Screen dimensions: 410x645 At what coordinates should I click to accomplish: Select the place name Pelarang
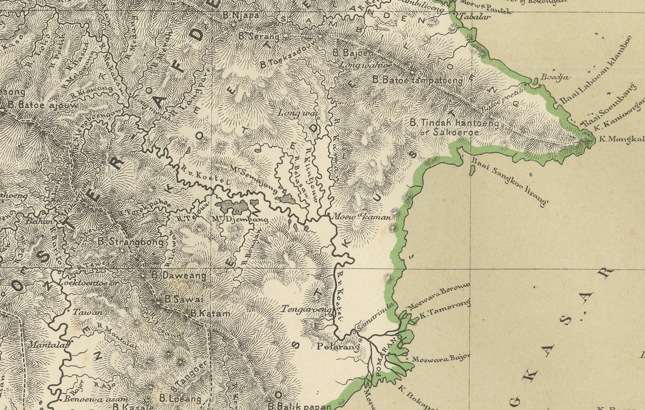338,347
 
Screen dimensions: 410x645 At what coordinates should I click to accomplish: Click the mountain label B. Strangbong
131,242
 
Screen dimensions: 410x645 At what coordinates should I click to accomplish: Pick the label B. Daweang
179,276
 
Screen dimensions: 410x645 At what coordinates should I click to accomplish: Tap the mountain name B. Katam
210,314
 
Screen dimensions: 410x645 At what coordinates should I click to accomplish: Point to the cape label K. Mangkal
621,139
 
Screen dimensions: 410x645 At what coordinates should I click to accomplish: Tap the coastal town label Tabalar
475,17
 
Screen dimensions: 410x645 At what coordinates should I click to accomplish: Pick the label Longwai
297,113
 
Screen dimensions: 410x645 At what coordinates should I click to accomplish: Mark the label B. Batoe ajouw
43,105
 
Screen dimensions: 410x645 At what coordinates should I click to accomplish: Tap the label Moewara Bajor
441,358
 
